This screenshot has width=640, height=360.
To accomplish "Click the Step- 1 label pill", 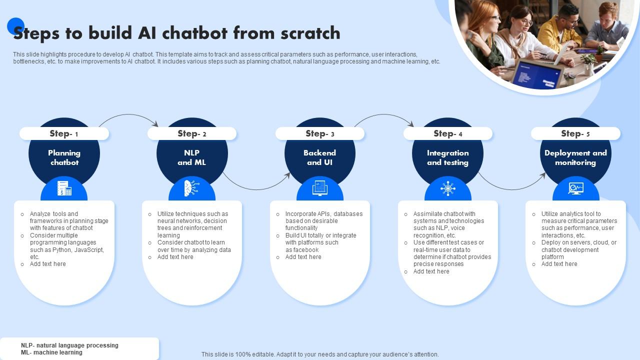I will pos(64,133).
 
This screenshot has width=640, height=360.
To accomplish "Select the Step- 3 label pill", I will pos(320,133).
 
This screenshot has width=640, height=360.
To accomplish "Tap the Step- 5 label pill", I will pos(575,133).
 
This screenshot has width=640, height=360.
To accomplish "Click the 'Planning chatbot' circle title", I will pos(64,157).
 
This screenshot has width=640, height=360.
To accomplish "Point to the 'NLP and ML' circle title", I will pos(191,157).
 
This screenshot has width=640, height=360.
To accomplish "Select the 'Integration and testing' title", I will pos(447,157).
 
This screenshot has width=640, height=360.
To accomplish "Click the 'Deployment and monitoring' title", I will pos(575,157).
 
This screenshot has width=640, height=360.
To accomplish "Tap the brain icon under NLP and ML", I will pos(191,188).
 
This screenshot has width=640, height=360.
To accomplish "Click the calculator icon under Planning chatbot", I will pos(64,188).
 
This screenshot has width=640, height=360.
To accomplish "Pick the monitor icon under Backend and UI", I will pos(320,188).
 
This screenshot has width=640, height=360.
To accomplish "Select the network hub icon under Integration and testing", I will pos(447,188).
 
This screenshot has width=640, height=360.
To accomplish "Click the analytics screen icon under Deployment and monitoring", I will pos(575,188).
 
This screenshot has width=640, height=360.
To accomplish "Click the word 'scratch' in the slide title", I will pos(310,33).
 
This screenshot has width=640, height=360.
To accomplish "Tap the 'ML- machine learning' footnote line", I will pos(51,352).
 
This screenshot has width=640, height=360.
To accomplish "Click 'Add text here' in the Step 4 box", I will pos(431,271).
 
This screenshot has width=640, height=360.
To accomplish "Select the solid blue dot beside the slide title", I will pos(15,25).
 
